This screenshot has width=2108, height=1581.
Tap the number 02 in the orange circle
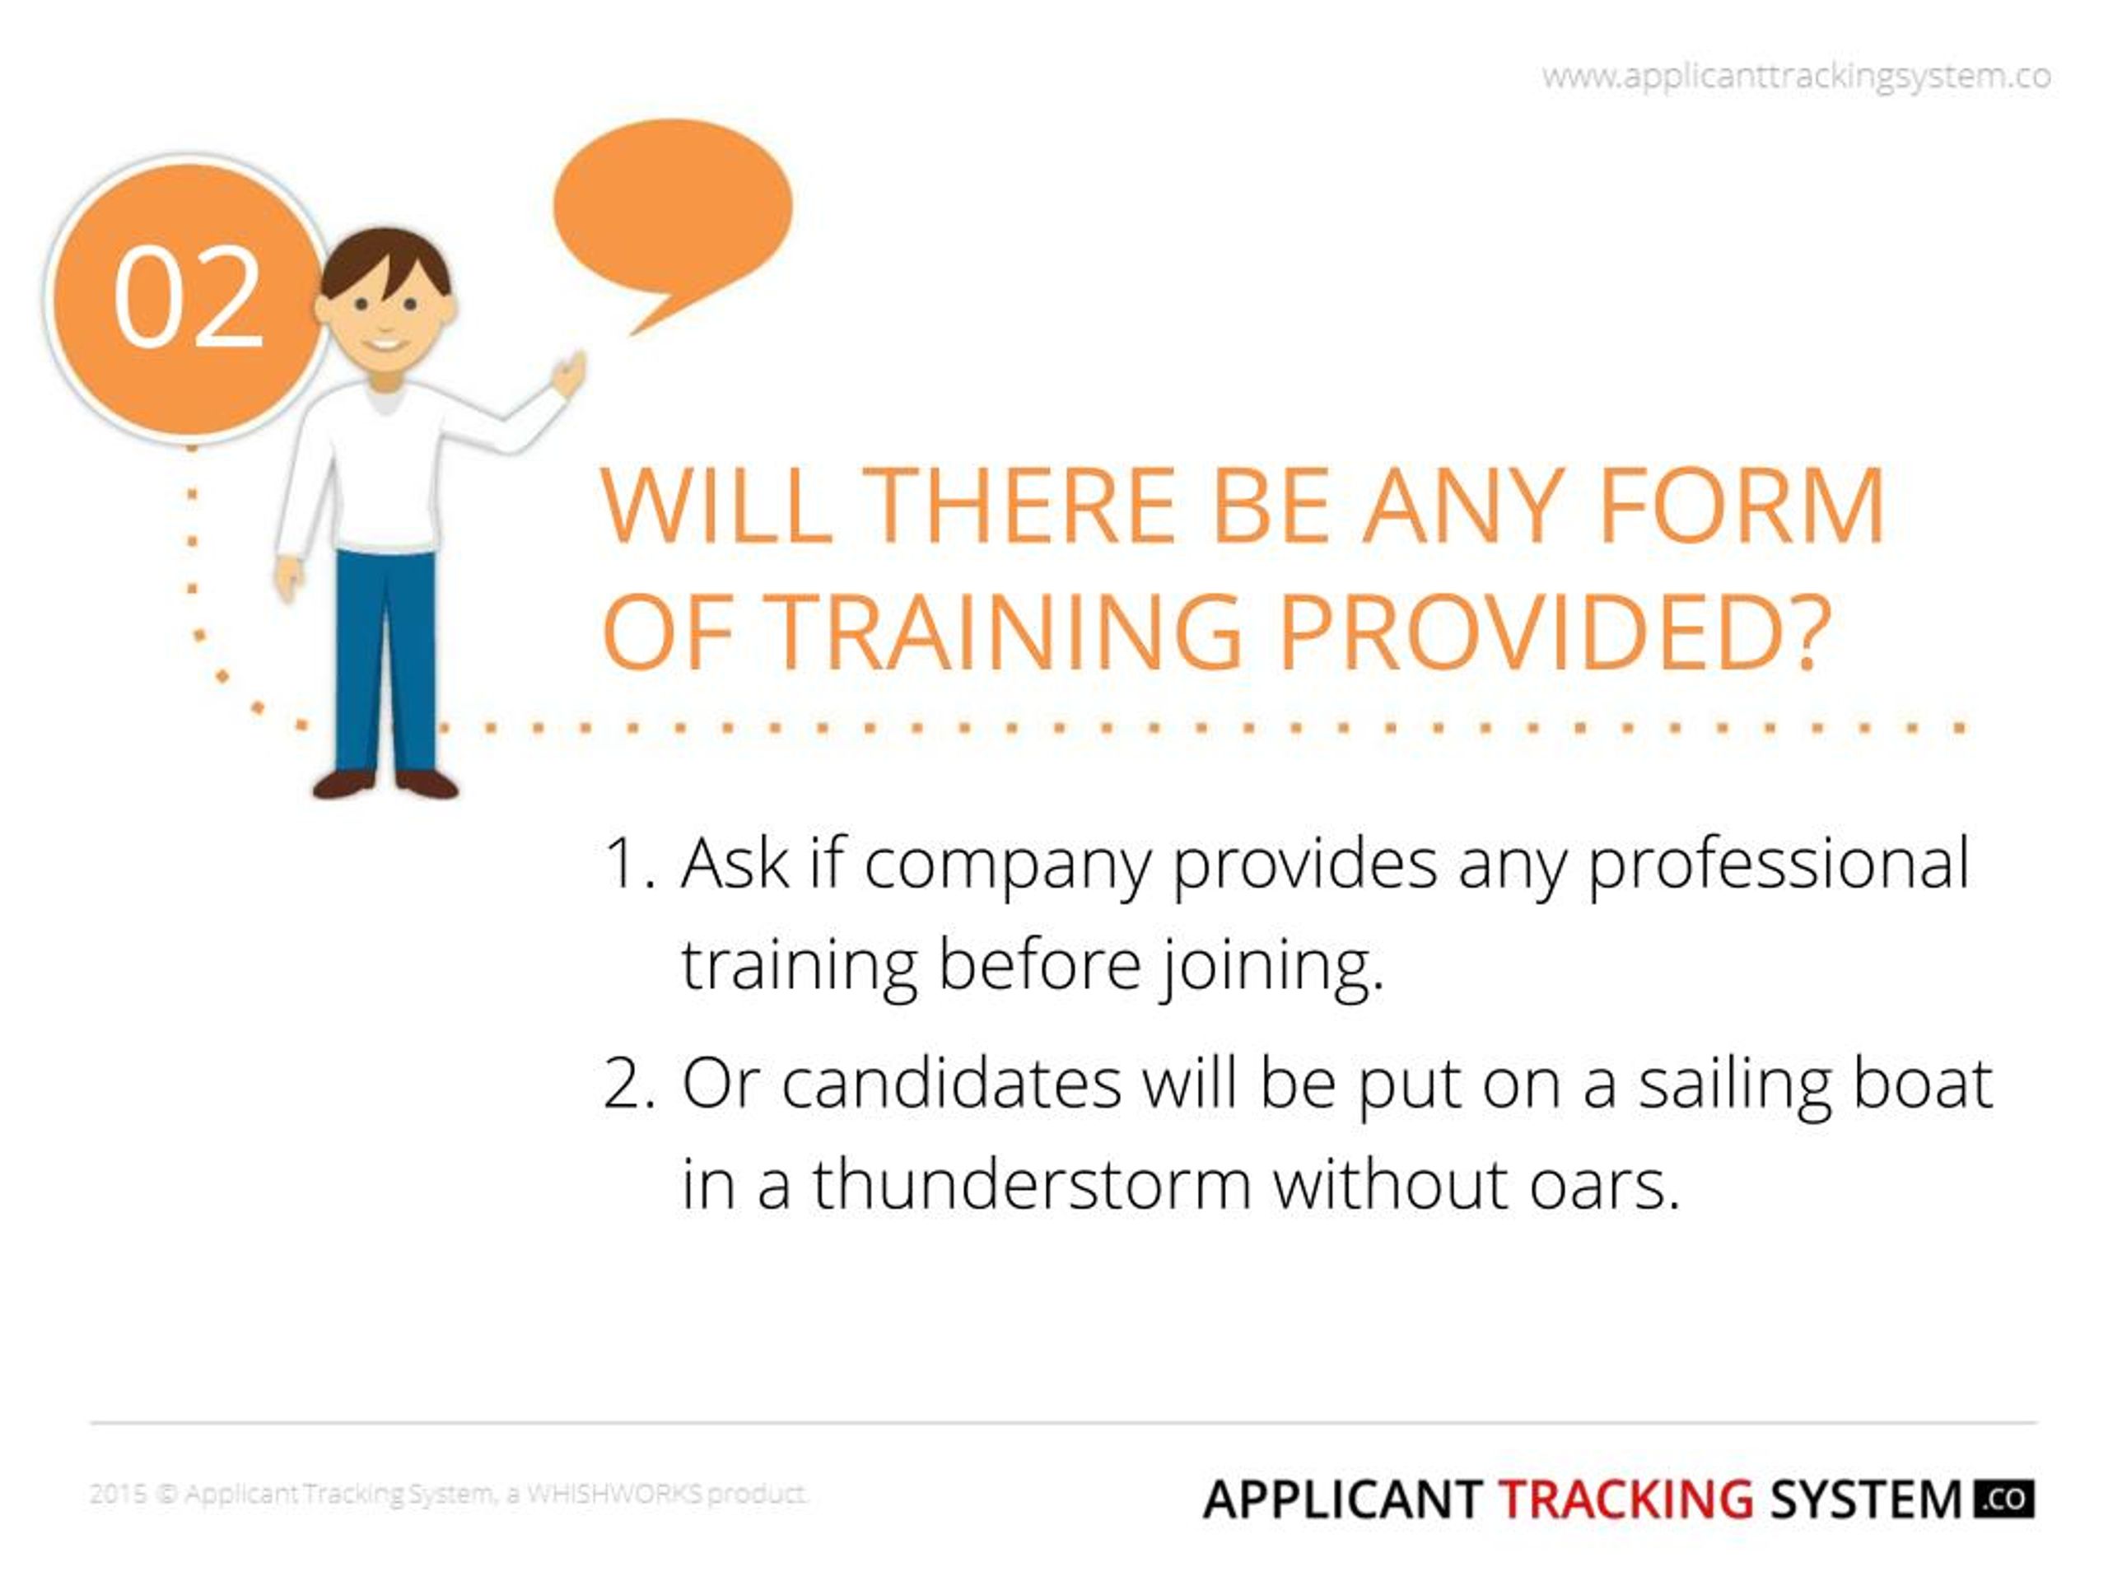(188, 296)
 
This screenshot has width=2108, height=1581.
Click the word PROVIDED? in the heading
(1553, 632)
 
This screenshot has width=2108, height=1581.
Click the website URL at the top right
(1795, 77)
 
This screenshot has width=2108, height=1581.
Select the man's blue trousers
(385, 658)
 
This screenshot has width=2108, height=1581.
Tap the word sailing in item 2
(1734, 1084)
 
